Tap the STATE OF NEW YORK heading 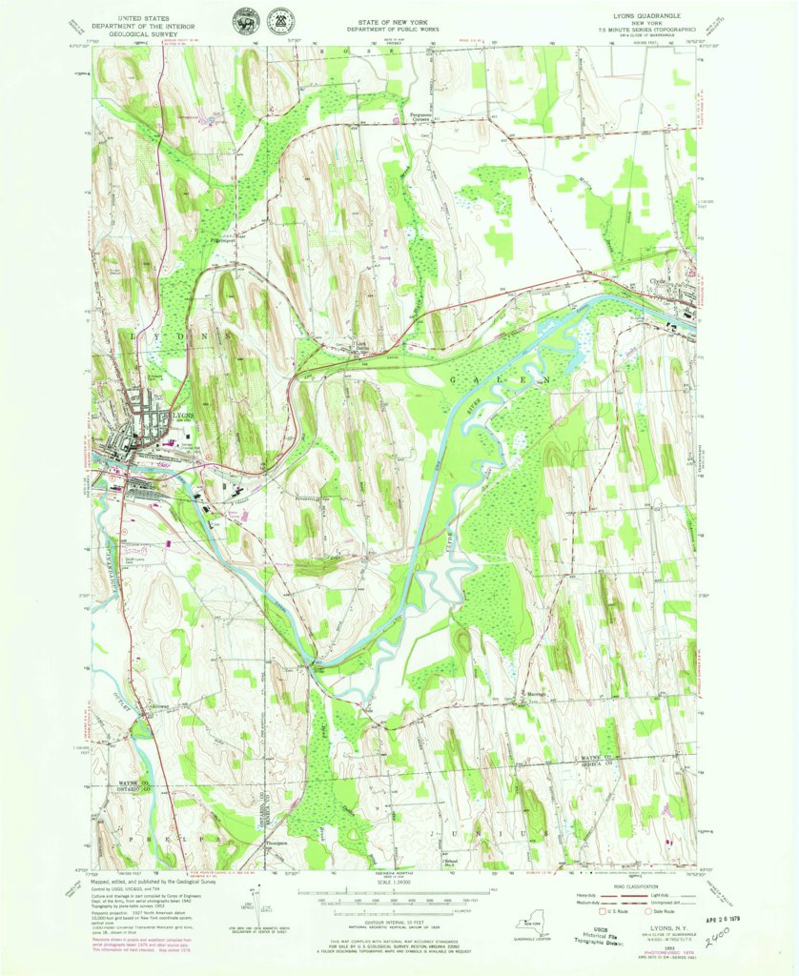pyautogui.click(x=399, y=19)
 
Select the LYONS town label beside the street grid pyautogui.click(x=184, y=417)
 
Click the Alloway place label pyautogui.click(x=140, y=707)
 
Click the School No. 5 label pyautogui.click(x=452, y=863)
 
